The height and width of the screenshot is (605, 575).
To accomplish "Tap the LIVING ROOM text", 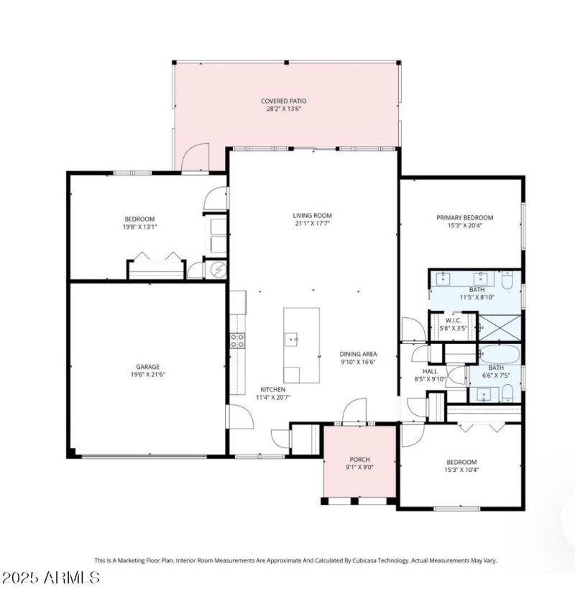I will click(x=312, y=215).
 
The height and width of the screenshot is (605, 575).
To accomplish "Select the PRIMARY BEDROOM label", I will click(x=465, y=217).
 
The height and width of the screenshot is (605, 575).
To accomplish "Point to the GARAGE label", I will click(x=148, y=366).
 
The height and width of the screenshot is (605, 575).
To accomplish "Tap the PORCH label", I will click(x=359, y=461).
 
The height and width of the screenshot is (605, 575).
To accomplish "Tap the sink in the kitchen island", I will click(x=293, y=338).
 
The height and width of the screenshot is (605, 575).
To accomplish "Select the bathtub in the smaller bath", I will click(x=499, y=355).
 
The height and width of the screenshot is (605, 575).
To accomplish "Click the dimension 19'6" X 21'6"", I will click(x=148, y=375).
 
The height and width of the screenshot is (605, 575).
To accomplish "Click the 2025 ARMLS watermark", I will click(x=50, y=577).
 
